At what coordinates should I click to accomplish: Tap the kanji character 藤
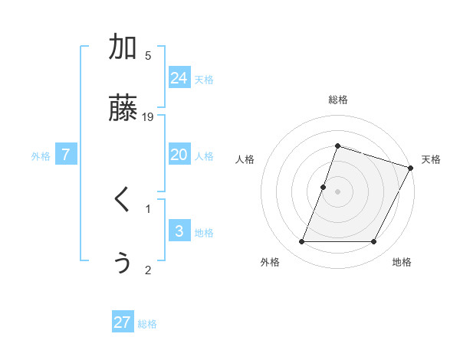(x=123, y=107)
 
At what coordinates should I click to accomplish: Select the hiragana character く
(x=123, y=201)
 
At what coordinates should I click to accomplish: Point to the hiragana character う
(x=123, y=262)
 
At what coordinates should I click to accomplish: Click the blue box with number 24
(x=179, y=78)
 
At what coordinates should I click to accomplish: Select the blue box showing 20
(x=179, y=155)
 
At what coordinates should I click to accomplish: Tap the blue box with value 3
(x=179, y=231)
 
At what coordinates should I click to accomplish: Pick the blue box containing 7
(x=66, y=155)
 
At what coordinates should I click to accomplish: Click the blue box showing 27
(x=123, y=322)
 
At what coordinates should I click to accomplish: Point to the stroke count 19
(x=149, y=116)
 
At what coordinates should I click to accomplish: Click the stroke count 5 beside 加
(x=148, y=55)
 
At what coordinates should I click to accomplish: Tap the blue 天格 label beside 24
(x=204, y=80)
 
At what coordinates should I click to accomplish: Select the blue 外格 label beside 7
(x=41, y=156)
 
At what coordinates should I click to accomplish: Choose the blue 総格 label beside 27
(x=147, y=324)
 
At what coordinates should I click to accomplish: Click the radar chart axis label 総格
(x=337, y=100)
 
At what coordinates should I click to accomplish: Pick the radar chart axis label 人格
(x=245, y=159)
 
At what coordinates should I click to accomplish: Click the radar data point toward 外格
(x=302, y=242)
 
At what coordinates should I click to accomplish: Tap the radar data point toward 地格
(x=373, y=242)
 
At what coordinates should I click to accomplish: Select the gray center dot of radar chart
(x=337, y=191)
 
